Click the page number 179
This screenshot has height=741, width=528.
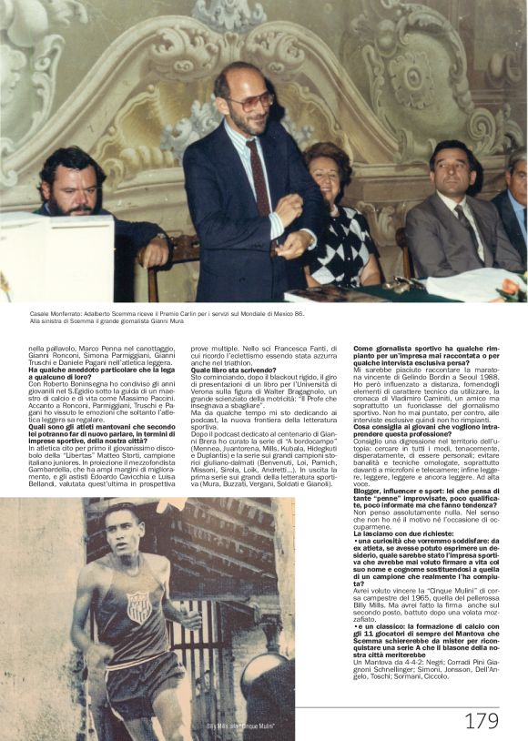[482, 720]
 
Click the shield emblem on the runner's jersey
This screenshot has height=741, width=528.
[137, 607]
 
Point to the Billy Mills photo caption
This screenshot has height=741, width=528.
[240, 726]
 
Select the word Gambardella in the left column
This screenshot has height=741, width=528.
[56, 462]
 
